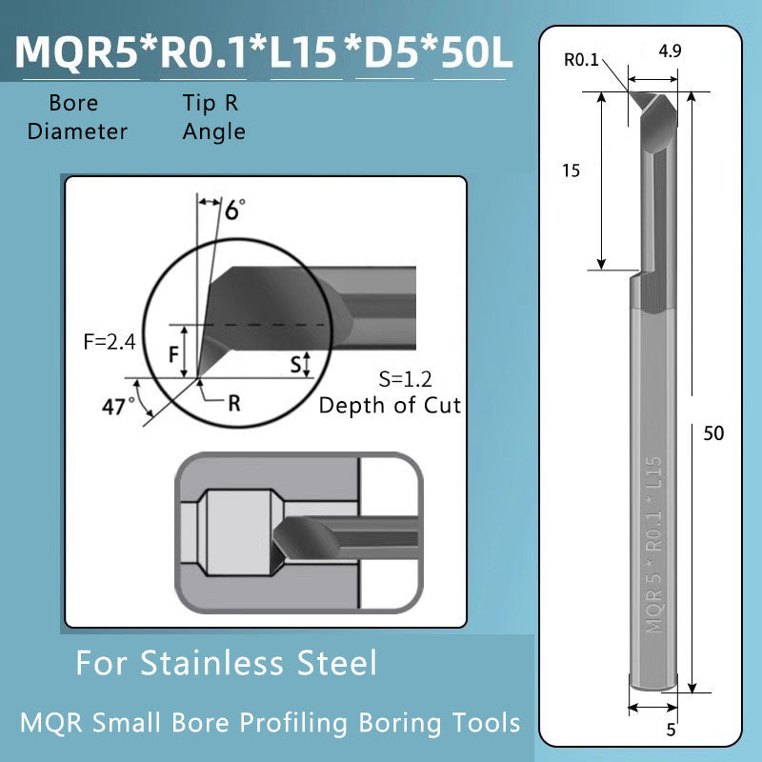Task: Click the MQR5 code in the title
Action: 77,52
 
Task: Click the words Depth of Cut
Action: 390,405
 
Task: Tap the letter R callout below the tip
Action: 233,402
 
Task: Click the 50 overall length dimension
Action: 713,432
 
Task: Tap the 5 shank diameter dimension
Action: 671,731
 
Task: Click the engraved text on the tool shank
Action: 653,544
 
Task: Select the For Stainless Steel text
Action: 227,662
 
